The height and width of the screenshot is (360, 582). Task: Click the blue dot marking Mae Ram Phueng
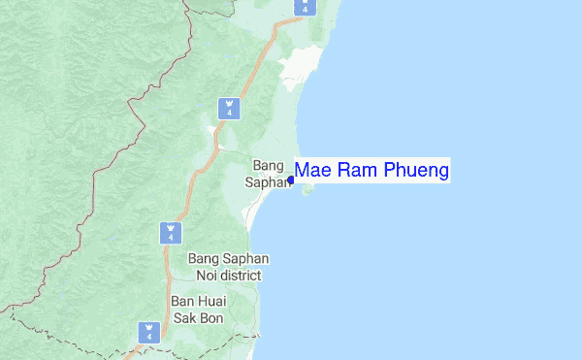pos(291,180)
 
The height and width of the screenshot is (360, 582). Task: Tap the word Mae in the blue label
pos(311,171)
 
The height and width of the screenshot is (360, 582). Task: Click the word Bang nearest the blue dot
pos(268,165)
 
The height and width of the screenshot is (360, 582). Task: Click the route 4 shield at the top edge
pos(306,6)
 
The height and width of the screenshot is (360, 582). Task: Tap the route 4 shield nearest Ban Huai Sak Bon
pos(149,331)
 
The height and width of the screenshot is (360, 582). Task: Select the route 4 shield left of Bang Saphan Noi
pos(170,232)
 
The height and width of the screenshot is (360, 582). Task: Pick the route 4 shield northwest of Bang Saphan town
pos(229,107)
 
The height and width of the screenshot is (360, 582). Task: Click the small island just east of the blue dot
pos(308,190)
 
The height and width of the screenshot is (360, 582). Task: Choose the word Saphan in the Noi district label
pos(246,259)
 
